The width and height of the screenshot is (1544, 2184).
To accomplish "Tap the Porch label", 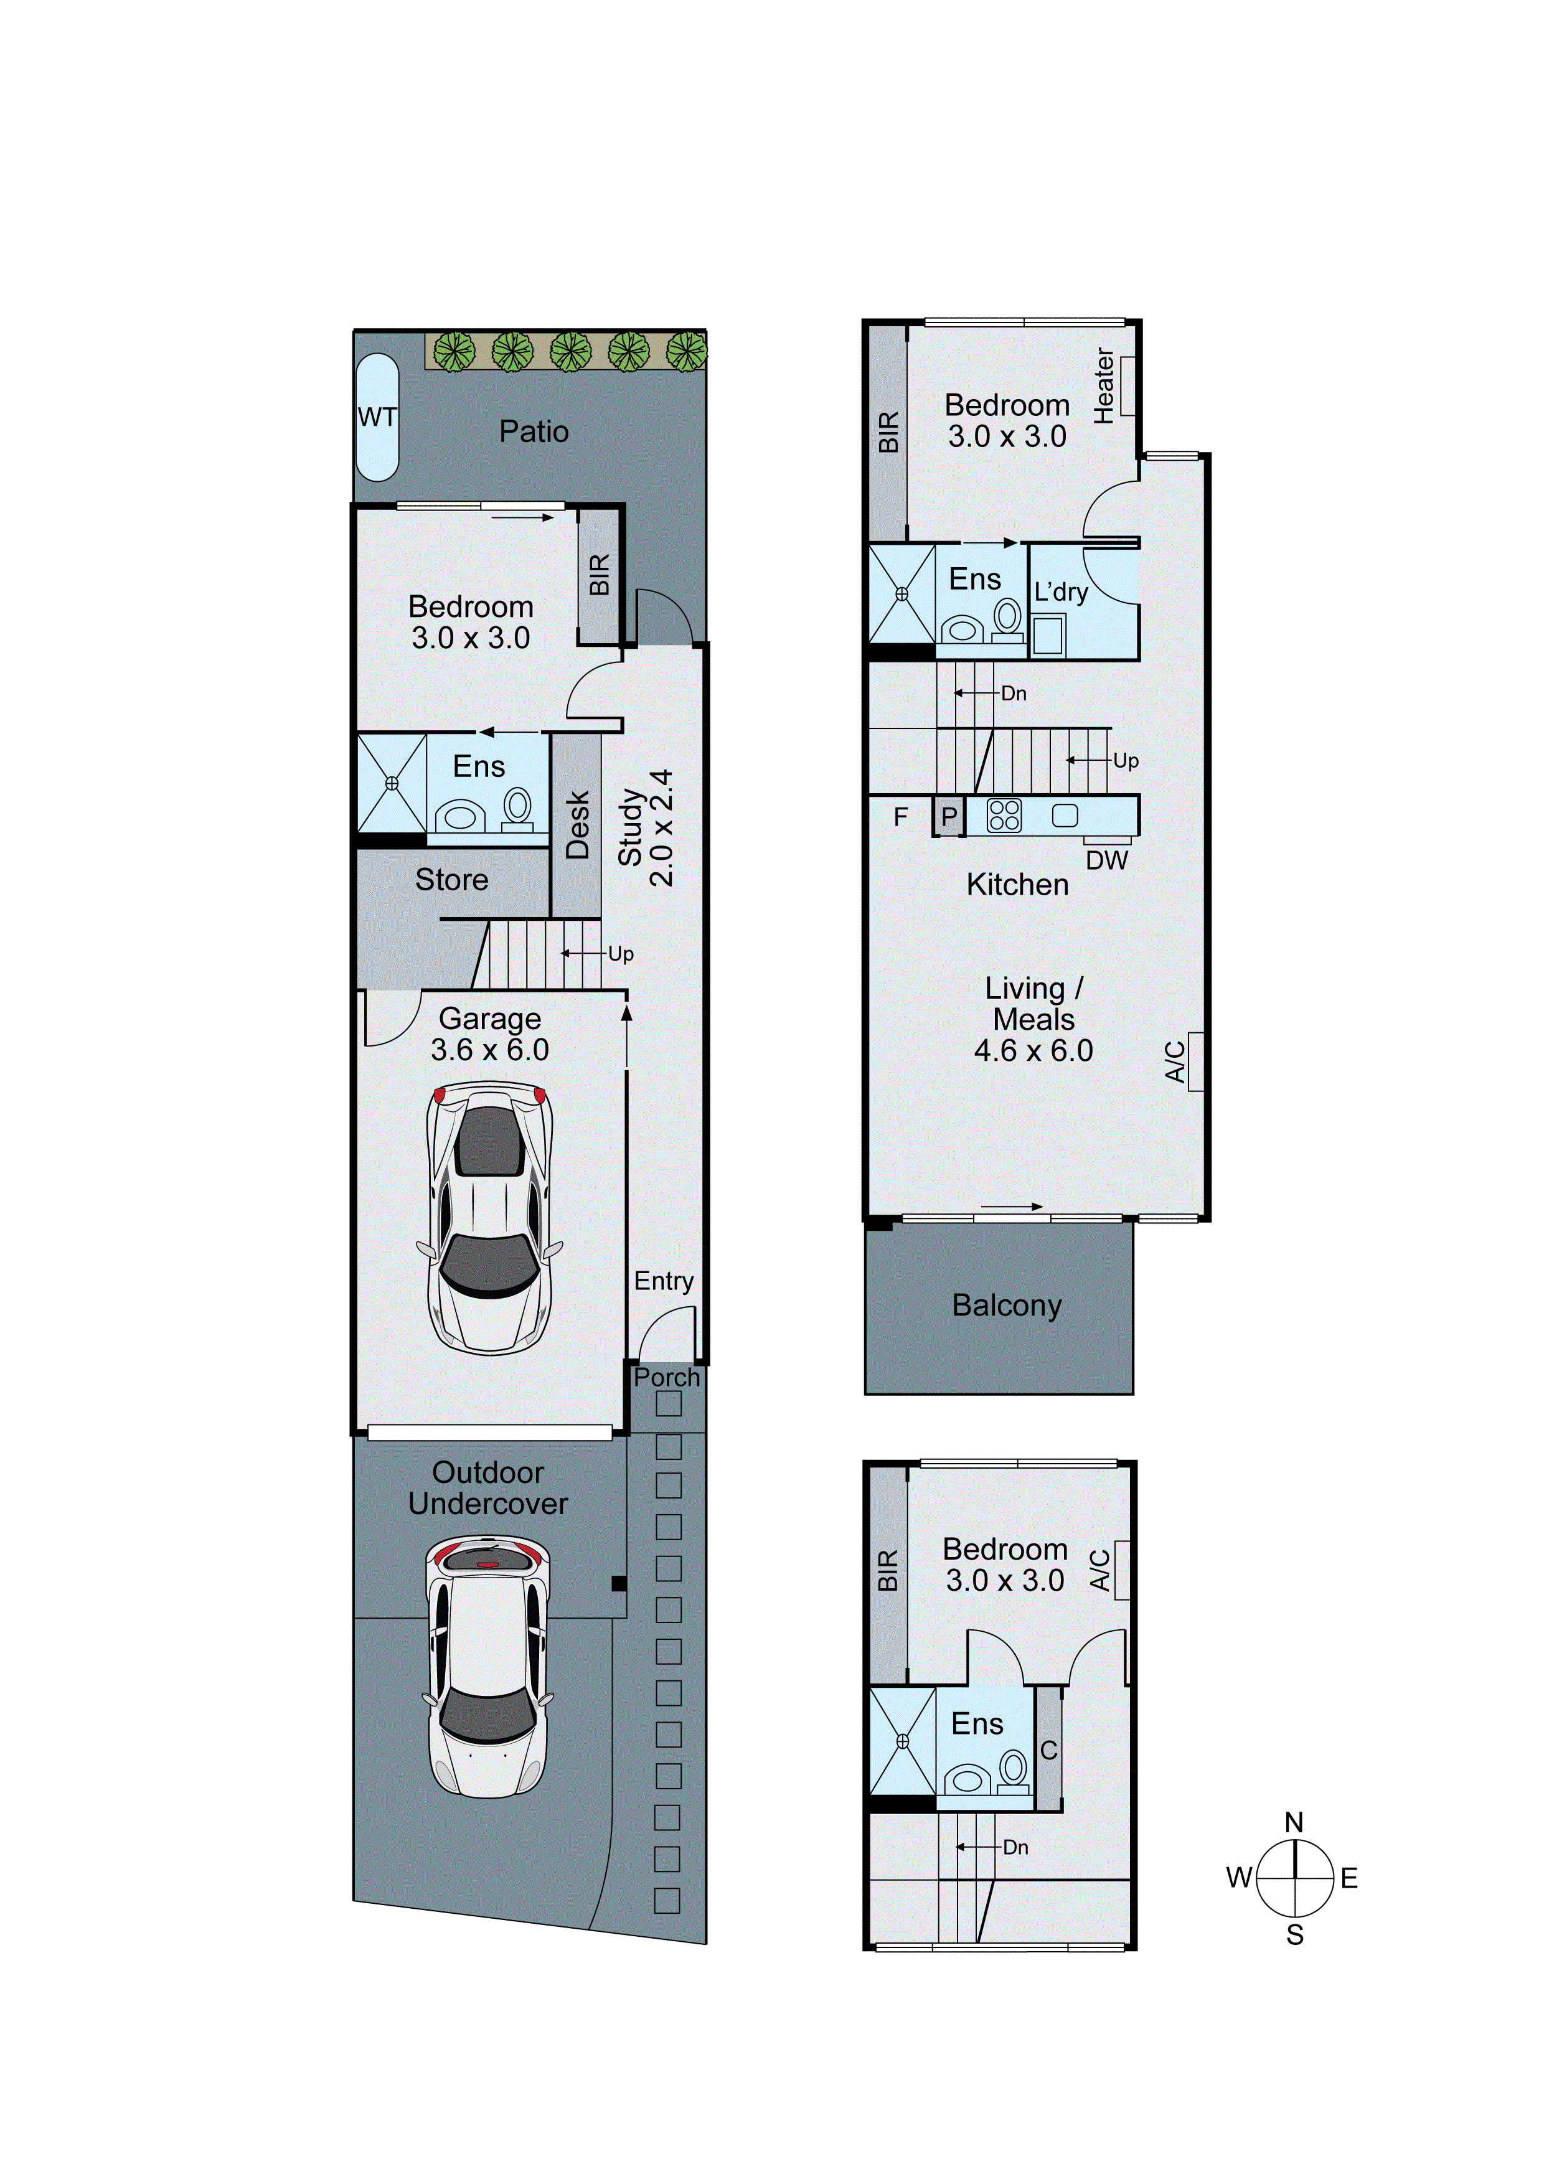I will (x=666, y=1377).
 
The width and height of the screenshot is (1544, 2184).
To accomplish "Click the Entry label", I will (x=663, y=1281).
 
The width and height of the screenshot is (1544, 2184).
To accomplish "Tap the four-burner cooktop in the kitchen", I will (x=1004, y=815).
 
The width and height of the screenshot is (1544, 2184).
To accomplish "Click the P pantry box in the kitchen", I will (x=948, y=816).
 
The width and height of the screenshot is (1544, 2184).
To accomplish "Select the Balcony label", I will (x=1007, y=1305).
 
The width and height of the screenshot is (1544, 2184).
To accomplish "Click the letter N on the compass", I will (x=1294, y=1822).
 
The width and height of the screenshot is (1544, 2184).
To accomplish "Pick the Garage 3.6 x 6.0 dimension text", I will (x=489, y=1050).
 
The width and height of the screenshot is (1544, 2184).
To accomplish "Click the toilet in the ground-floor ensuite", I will (x=517, y=807).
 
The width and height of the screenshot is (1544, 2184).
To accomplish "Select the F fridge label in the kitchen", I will (x=900, y=816).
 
